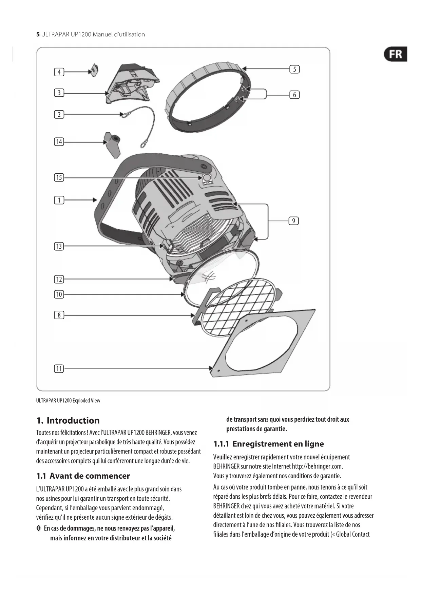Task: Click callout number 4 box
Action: pyautogui.click(x=59, y=72)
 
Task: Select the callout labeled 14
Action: pyautogui.click(x=59, y=142)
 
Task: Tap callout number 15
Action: pyautogui.click(x=59, y=177)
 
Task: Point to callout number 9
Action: pyautogui.click(x=293, y=221)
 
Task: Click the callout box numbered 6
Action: pyautogui.click(x=294, y=95)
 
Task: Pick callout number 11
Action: pyautogui.click(x=59, y=368)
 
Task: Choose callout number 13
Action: pyautogui.click(x=59, y=246)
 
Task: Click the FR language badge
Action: pyautogui.click(x=395, y=54)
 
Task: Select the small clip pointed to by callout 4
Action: pyautogui.click(x=94, y=70)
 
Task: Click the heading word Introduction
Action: pyautogui.click(x=73, y=421)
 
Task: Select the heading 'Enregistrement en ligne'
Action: pyautogui.click(x=278, y=444)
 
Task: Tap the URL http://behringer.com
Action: pyautogui.click(x=317, y=466)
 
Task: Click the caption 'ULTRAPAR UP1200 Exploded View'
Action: pyautogui.click(x=68, y=401)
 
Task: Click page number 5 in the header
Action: pyautogui.click(x=38, y=34)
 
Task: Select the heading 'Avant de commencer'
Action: pyautogui.click(x=90, y=476)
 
